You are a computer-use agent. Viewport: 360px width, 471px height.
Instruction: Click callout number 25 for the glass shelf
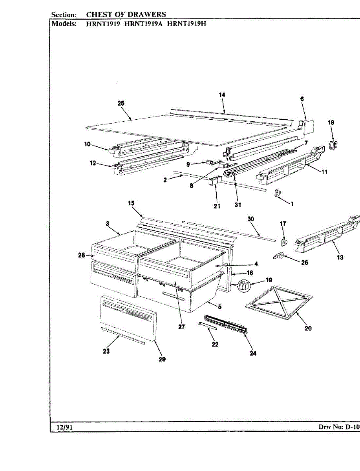(x=121, y=103)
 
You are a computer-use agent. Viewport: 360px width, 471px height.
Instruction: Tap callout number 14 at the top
(x=222, y=95)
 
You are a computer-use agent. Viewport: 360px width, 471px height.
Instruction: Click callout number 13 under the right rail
(x=340, y=257)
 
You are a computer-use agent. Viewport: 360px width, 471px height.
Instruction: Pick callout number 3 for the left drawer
(x=107, y=223)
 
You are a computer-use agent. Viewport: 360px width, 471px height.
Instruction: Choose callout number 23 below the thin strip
(x=106, y=351)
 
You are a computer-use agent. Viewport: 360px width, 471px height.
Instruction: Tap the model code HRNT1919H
(x=186, y=23)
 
